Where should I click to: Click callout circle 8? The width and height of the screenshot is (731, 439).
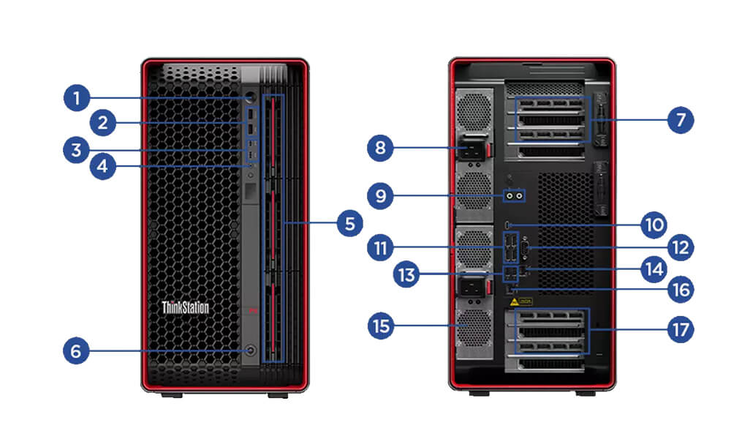380,149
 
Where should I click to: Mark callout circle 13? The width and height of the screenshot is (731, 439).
406,274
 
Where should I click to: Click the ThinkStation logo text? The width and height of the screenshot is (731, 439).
185,307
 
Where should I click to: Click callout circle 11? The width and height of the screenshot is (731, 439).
380,247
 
